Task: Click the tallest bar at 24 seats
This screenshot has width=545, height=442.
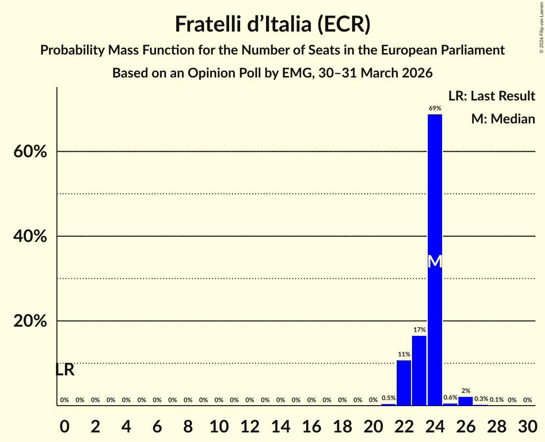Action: click(434, 215)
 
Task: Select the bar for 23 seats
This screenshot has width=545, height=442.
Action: click(419, 370)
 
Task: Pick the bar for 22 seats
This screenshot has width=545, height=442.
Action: click(404, 383)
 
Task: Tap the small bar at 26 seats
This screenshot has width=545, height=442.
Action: click(466, 401)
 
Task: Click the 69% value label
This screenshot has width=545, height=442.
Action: click(434, 109)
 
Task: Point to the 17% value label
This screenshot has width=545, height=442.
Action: click(419, 330)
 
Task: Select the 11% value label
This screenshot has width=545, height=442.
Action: click(404, 354)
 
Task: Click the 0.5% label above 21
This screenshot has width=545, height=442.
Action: click(389, 398)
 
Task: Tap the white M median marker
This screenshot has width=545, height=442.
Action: click(434, 261)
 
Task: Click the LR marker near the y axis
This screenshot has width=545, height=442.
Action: click(65, 370)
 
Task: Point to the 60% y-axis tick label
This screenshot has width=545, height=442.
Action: click(30, 152)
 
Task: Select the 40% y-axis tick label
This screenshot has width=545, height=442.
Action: click(30, 236)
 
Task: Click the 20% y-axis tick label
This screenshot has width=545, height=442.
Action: click(30, 321)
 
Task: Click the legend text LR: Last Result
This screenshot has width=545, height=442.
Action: click(491, 96)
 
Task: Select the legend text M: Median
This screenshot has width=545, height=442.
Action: click(503, 119)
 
